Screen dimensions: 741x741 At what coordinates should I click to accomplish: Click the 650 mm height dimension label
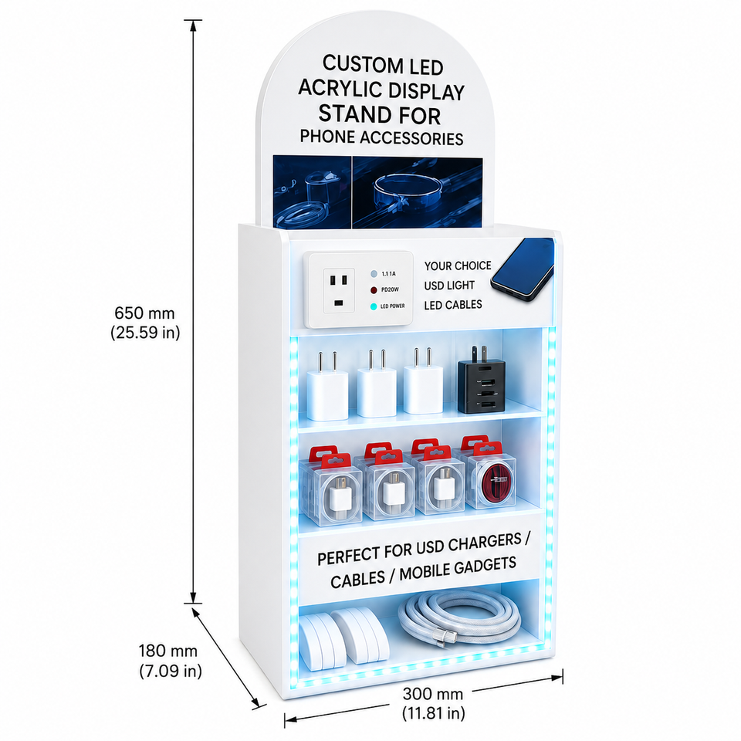146,323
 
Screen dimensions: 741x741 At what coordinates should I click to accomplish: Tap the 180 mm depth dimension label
170,661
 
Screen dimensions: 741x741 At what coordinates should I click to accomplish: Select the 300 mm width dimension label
433,703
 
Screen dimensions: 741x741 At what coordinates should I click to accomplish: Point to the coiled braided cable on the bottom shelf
459,618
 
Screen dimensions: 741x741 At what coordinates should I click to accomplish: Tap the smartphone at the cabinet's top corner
523,269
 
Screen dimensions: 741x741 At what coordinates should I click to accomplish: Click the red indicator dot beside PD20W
374,289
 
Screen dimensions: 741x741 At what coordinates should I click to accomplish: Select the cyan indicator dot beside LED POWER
374,306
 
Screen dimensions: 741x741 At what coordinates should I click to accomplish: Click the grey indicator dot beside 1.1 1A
374,273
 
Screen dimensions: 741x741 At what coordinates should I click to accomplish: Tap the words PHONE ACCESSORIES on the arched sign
381,137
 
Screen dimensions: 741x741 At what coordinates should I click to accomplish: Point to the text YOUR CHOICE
458,266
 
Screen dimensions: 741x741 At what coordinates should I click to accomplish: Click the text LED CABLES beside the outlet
453,305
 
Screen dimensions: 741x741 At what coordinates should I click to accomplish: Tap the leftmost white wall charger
327,386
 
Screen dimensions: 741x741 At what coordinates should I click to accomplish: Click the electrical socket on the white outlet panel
338,290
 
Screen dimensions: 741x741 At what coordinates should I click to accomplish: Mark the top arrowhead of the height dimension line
193,25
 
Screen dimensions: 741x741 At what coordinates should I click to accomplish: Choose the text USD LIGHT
449,286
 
